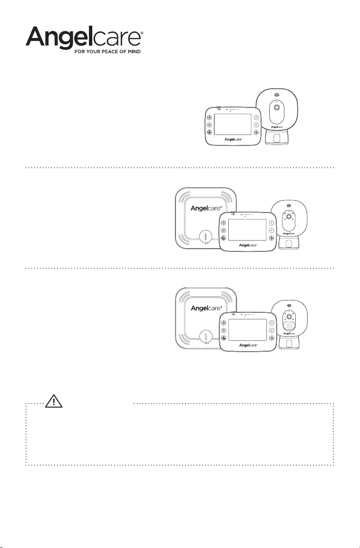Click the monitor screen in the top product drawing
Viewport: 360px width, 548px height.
click(233, 125)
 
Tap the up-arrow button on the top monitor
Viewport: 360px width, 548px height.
click(256, 117)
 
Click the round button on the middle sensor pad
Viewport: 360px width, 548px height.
click(205, 237)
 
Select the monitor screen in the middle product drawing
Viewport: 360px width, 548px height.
click(246, 230)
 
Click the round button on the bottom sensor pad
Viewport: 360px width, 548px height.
click(205, 337)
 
